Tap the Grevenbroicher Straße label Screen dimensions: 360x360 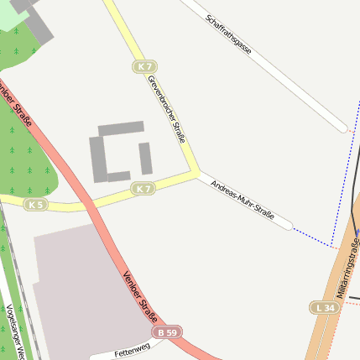(166, 109)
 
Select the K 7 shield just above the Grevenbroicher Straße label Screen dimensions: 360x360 (145, 66)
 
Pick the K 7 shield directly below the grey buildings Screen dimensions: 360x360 (143, 189)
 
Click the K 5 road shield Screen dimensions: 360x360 (34, 205)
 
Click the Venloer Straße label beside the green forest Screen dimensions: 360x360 (20, 105)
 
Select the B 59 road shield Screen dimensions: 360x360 (170, 332)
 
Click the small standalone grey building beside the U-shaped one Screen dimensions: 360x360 (145, 158)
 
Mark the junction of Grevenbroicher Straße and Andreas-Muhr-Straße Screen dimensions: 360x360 (197, 174)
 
